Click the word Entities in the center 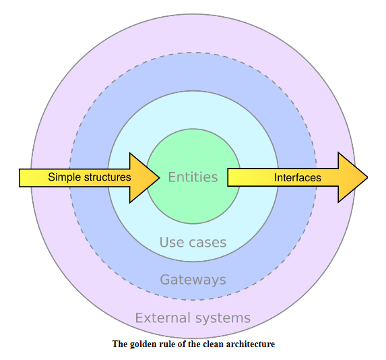[x=193, y=177]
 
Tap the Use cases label [x=193, y=243]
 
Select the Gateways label [x=193, y=280]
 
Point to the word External [x=163, y=318]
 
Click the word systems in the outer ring [x=223, y=318]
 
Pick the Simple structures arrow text [x=90, y=177]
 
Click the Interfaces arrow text [x=298, y=178]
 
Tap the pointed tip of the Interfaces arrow [x=368, y=177]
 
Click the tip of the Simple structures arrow [x=160, y=177]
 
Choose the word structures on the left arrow [x=108, y=177]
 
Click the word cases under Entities [x=207, y=243]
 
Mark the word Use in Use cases [x=172, y=243]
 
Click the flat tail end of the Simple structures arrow [x=20, y=178]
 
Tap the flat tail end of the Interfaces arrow [x=228, y=177]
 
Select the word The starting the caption [x=120, y=344]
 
